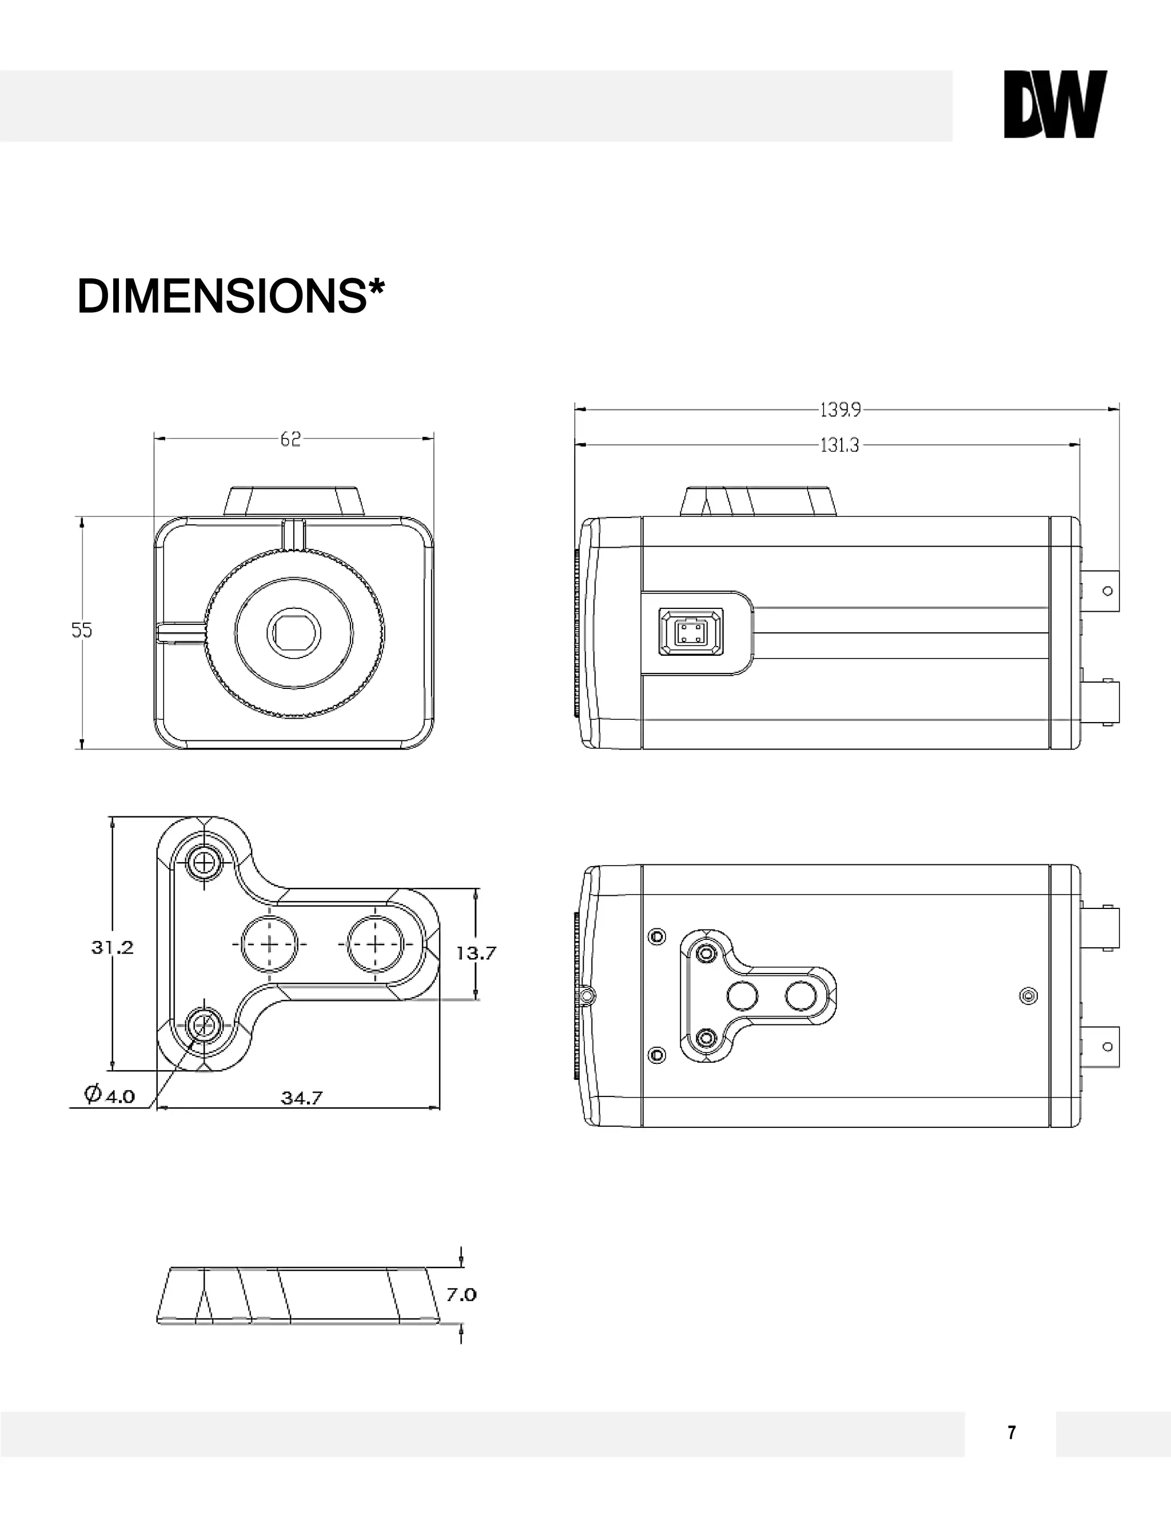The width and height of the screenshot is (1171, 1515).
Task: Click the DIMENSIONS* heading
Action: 230,296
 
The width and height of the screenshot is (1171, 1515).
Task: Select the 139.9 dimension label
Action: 840,410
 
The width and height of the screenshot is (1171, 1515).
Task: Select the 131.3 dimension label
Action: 839,445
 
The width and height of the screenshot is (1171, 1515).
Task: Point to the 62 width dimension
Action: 290,440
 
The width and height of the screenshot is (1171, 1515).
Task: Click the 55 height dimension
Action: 82,631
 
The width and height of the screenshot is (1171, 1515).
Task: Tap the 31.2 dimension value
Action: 113,947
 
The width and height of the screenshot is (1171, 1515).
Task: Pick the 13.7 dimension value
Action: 476,953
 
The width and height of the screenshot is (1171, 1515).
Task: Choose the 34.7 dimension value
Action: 301,1098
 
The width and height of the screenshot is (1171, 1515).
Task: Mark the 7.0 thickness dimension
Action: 461,1294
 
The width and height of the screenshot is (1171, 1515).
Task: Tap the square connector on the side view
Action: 690,632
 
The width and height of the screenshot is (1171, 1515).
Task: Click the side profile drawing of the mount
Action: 298,1294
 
